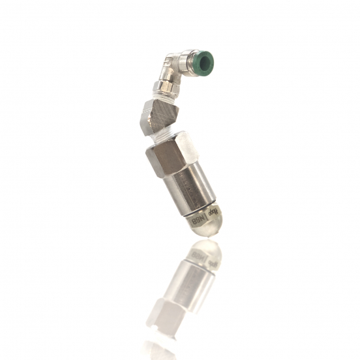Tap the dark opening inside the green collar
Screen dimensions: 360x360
coord(205,63)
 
